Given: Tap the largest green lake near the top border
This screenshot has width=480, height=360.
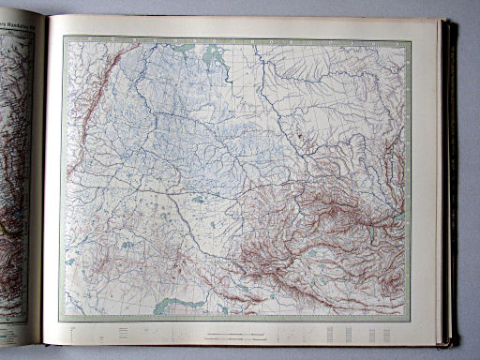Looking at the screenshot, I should pyautogui.click(x=214, y=58).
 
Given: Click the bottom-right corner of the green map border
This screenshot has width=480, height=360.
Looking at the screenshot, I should pyautogui.click(x=409, y=318).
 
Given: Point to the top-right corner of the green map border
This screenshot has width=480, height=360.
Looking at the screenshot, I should pyautogui.click(x=409, y=40).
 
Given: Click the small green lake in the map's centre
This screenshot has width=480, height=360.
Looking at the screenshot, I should pyautogui.click(x=198, y=199).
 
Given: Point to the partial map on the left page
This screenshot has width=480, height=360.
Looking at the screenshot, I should pyautogui.click(x=16, y=169).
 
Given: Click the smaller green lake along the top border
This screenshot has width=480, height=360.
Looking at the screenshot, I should pyautogui.click(x=184, y=45).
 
